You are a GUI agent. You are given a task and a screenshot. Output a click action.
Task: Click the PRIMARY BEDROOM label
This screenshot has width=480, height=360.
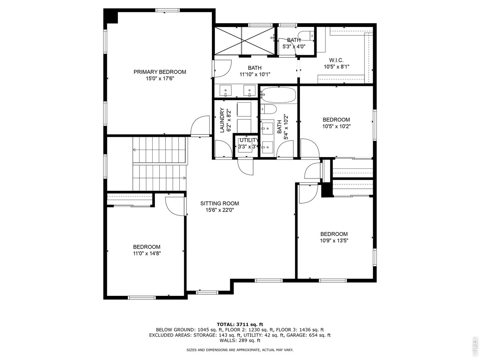pyautogui.click(x=160, y=72)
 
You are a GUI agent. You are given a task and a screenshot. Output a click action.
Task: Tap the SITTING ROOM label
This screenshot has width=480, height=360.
pyautogui.click(x=219, y=204)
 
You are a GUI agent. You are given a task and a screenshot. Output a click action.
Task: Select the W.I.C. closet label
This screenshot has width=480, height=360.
pyautogui.click(x=336, y=60)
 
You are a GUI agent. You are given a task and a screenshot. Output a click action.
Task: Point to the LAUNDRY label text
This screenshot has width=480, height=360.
pyautogui.click(x=222, y=120)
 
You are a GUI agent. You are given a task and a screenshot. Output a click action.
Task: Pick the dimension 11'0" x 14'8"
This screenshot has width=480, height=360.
pyautogui.click(x=147, y=253)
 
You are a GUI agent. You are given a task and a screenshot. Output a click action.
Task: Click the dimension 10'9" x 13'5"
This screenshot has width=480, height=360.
pyautogui.click(x=334, y=241)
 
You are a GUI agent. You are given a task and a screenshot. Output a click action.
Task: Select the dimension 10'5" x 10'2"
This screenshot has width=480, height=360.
pyautogui.click(x=336, y=126)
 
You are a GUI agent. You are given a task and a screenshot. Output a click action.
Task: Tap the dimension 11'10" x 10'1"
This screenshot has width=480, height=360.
pyautogui.click(x=255, y=74)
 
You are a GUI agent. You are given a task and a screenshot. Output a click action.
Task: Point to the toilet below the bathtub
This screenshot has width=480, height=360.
pyautogui.click(x=268, y=109)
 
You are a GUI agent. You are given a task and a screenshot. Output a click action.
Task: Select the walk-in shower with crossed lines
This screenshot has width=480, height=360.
pyautogui.click(x=245, y=41)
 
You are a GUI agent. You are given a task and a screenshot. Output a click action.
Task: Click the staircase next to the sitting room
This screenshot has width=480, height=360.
pyautogui.click(x=160, y=164)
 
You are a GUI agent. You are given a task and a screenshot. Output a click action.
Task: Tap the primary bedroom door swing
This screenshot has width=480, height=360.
pyautogui.click(x=200, y=126)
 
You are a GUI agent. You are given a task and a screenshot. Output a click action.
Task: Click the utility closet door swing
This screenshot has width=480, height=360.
pyautogui.click(x=246, y=166)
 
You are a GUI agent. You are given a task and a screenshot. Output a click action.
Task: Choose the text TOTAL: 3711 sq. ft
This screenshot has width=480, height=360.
pyautogui.click(x=240, y=324)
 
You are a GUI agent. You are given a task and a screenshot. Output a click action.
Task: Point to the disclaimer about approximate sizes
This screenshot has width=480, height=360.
pyautogui.click(x=240, y=349)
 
